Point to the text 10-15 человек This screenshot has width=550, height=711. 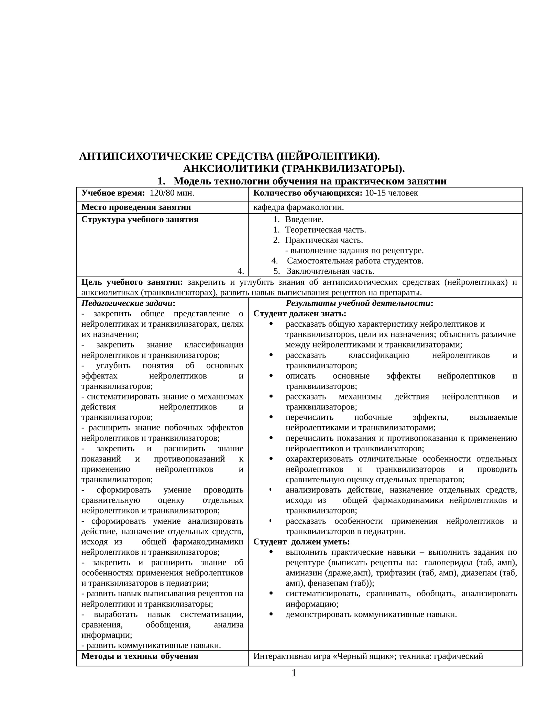(x=391, y=193)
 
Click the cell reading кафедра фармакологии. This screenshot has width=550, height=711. (x=298, y=207)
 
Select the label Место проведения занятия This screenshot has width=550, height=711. (x=136, y=207)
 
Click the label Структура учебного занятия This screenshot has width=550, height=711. (x=140, y=219)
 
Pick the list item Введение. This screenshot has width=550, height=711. (x=304, y=219)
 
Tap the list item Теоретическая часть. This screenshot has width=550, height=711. (x=325, y=230)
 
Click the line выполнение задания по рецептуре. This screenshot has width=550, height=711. (x=356, y=251)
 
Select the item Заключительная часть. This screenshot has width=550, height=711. (x=330, y=271)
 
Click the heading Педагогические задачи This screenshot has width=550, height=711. (x=128, y=304)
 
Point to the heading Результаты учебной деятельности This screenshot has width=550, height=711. (x=359, y=304)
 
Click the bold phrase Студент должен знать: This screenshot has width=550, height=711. (x=300, y=314)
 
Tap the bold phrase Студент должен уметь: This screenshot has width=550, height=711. (x=301, y=542)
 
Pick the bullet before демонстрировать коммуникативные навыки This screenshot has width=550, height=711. (x=271, y=614)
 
